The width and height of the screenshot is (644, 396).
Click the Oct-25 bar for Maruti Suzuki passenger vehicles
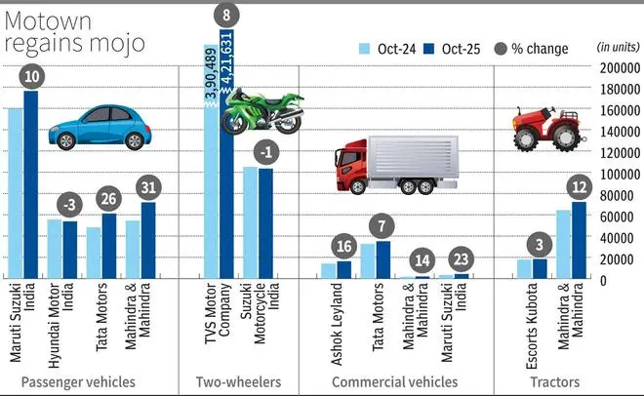point(30,185)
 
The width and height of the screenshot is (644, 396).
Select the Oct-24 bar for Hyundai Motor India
point(55,249)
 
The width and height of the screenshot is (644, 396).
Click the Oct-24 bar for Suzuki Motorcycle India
point(250,223)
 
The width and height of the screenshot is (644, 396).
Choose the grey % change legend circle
point(501,47)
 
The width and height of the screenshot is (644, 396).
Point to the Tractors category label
point(553,382)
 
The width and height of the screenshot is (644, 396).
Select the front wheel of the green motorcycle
point(234,121)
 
